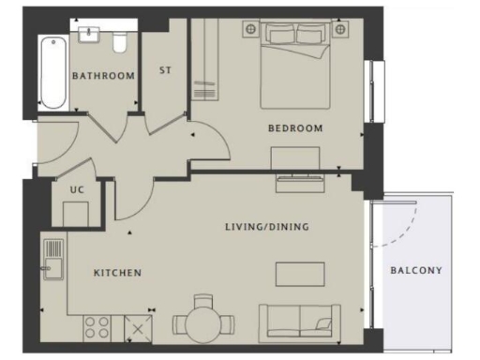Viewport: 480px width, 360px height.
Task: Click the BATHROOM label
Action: [104, 76]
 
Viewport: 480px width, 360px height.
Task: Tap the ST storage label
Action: [165, 70]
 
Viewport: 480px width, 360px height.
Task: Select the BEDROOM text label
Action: [295, 128]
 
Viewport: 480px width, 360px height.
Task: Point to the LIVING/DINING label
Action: [267, 227]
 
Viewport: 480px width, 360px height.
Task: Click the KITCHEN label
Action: [117, 273]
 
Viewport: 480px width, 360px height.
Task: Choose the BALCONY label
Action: [415, 271]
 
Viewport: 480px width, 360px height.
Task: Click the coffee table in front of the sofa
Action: [299, 274]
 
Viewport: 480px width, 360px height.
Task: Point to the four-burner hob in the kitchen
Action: [97, 326]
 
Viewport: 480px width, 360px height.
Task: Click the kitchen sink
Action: [53, 257]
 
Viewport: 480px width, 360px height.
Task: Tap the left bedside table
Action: [250, 30]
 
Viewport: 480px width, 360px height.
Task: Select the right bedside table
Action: [341, 30]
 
